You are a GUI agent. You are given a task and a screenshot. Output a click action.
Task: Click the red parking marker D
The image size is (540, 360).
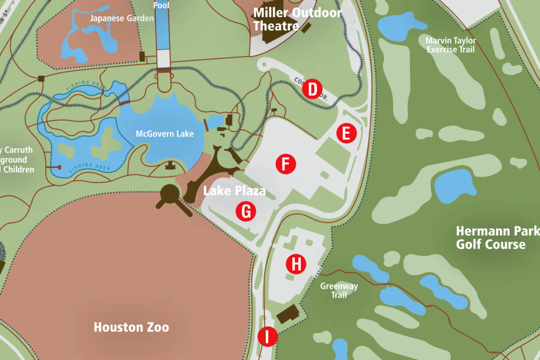click(312, 89)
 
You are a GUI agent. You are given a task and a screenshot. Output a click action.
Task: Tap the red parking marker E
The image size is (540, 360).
click(346, 133)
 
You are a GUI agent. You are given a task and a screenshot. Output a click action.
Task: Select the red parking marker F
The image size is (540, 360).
click(285, 164)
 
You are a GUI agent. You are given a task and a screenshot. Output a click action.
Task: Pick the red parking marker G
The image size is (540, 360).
click(245, 211)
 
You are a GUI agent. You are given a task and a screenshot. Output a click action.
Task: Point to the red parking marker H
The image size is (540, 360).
click(296, 264)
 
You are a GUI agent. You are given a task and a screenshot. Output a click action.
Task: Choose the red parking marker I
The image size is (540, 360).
click(267, 336)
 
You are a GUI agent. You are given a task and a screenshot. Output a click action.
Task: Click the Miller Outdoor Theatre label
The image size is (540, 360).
click(297, 19)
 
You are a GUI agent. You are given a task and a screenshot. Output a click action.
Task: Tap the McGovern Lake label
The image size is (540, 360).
click(164, 134)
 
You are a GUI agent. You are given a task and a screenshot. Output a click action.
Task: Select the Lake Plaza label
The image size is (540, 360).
click(234, 191)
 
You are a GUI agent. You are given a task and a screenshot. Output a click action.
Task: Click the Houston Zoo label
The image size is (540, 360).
click(131, 327)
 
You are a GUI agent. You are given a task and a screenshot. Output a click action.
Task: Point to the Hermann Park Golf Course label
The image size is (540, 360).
click(497, 238)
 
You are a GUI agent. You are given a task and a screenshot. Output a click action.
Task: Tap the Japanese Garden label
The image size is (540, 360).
click(121, 18)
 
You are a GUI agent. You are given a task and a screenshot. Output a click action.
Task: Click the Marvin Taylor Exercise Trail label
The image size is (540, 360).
click(450, 45)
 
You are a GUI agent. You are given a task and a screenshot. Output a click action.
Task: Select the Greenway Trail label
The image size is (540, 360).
click(339, 290)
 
